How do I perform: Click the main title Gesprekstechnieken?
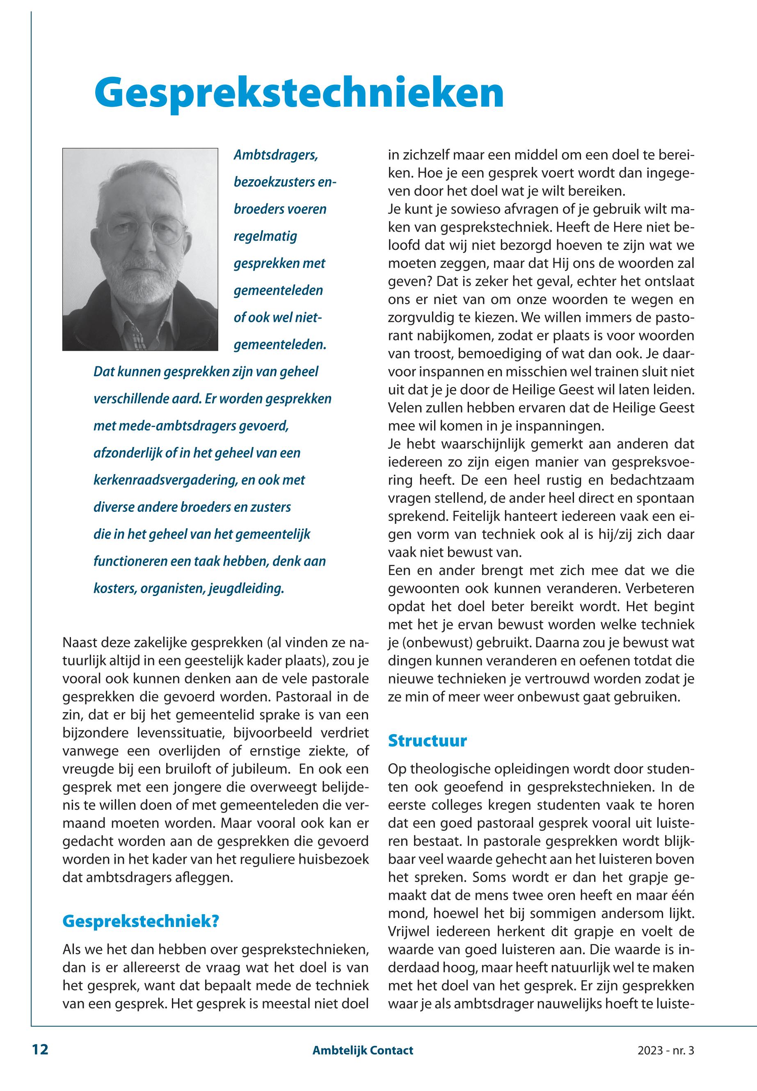[x=299, y=92]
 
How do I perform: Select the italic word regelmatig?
[x=265, y=236]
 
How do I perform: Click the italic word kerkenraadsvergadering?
[x=165, y=480]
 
